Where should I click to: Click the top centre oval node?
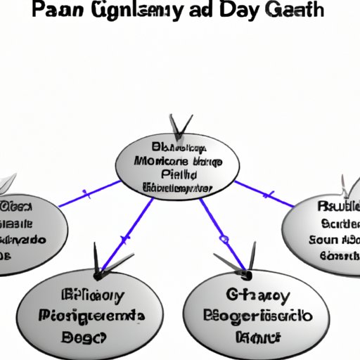(x=176, y=167)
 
